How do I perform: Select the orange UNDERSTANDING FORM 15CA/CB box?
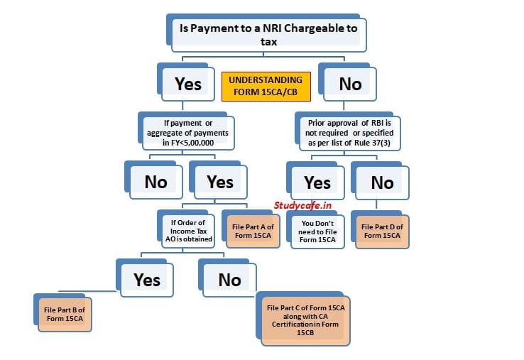[265, 87]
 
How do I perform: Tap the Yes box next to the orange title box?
[187, 84]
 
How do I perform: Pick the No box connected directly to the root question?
[349, 84]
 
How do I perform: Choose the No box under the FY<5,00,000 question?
[155, 182]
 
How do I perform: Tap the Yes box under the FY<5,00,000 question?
[219, 182]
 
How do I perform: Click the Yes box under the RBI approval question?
[317, 183]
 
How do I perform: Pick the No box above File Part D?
[381, 183]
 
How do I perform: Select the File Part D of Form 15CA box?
[383, 231]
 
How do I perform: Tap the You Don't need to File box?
[318, 230]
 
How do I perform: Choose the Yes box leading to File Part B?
[146, 279]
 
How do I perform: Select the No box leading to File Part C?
[229, 280]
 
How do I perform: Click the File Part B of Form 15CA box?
[65, 314]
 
